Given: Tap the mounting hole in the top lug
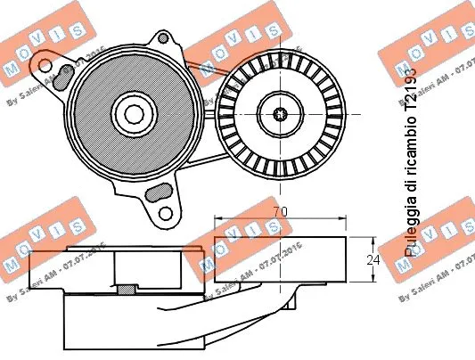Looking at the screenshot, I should (163, 38).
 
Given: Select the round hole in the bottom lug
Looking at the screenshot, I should (165, 214).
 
